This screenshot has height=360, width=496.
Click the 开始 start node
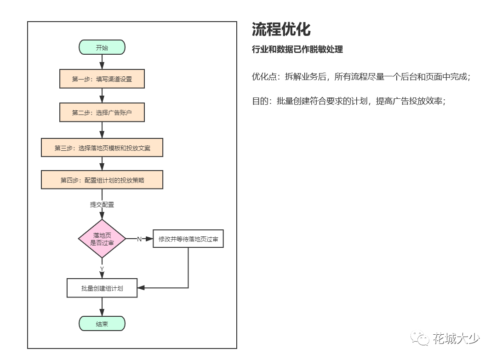(102, 47)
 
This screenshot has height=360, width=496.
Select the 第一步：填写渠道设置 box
(102, 79)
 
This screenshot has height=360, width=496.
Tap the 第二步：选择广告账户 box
(102, 112)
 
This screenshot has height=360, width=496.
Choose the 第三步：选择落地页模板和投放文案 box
(102, 148)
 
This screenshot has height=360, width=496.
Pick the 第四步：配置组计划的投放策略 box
(102, 180)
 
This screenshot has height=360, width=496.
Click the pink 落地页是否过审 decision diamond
(102, 239)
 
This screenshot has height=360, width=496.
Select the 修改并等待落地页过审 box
(188, 239)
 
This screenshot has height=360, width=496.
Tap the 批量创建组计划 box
(102, 288)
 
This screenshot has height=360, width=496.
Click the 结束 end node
(102, 324)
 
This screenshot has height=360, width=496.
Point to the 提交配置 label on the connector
(102, 205)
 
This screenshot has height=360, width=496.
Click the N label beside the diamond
(139, 239)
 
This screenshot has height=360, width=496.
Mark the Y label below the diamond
(102, 268)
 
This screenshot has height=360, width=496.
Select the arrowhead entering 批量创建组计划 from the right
(141, 288)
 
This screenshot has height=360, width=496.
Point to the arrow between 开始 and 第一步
(102, 62)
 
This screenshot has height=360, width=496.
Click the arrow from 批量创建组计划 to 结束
(102, 307)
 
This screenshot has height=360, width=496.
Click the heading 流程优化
(281, 29)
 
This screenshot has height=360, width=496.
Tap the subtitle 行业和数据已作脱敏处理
(297, 50)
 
